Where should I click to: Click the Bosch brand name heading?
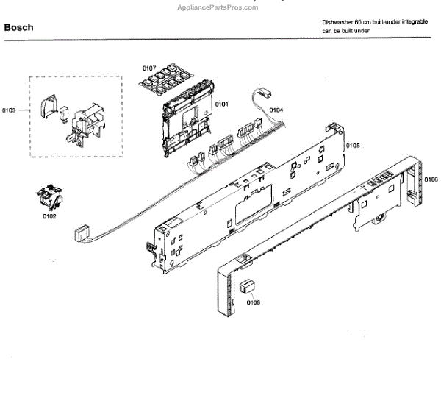[x=18, y=28]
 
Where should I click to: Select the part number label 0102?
[x=49, y=217]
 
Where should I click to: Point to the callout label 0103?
[x=9, y=110]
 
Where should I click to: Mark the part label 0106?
[x=431, y=180]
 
